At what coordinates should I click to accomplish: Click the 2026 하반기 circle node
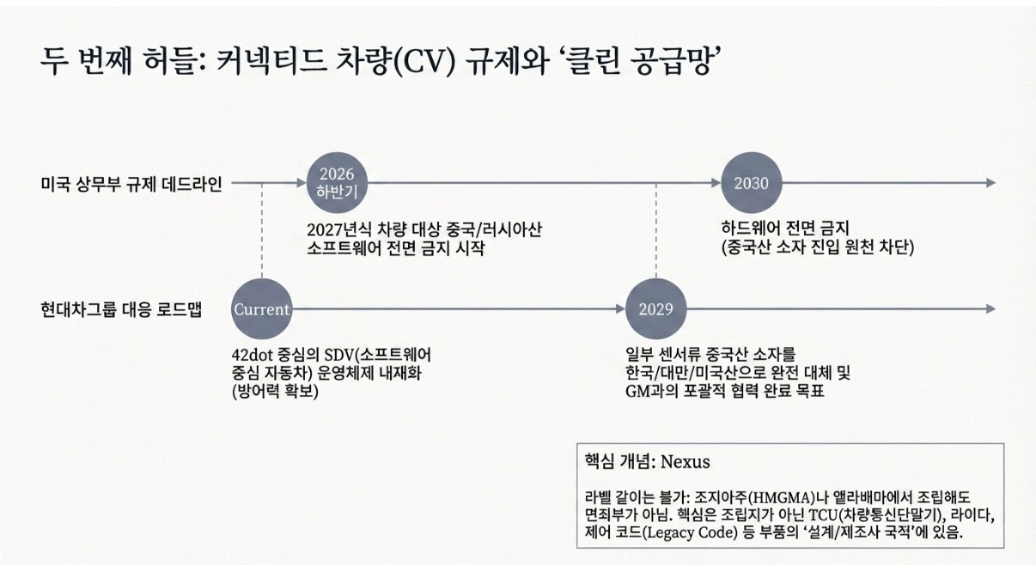click(x=337, y=183)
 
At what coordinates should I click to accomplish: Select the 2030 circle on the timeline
click(x=752, y=183)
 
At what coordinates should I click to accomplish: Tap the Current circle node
click(x=262, y=309)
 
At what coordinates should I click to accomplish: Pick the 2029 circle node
click(x=655, y=309)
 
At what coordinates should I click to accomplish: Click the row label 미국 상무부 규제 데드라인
click(x=131, y=184)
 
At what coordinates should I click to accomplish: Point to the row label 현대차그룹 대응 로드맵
click(x=121, y=309)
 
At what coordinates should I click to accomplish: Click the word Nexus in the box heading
click(x=685, y=461)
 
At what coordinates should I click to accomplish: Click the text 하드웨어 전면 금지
click(x=785, y=228)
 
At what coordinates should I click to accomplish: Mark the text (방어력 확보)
click(x=275, y=392)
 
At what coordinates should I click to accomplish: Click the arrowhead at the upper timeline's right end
click(x=990, y=183)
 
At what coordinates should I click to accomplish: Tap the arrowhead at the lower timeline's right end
click(x=990, y=309)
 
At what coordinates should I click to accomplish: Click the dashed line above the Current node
click(x=262, y=231)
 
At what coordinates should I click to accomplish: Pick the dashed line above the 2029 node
click(x=655, y=231)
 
